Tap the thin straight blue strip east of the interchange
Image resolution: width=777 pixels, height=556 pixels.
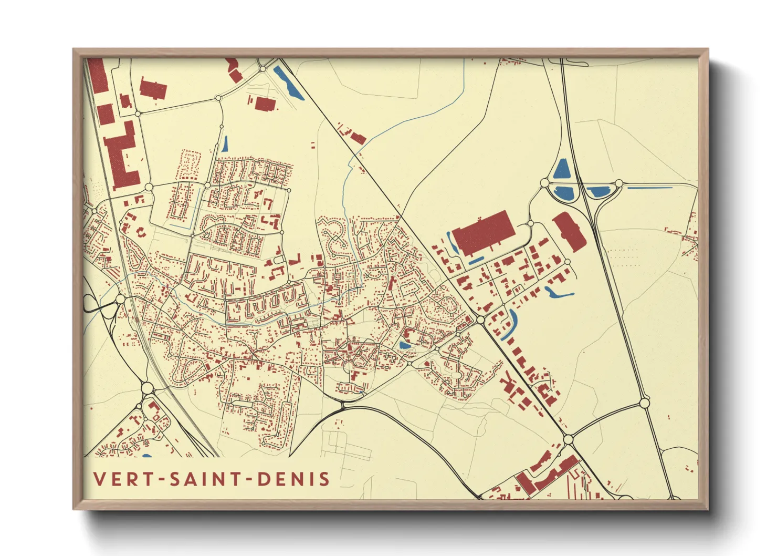click(650, 188)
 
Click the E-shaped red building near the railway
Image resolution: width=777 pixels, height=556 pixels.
click(123, 155)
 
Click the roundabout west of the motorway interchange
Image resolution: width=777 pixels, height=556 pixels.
click(544, 183)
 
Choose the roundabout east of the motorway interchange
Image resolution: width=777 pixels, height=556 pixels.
click(619, 183)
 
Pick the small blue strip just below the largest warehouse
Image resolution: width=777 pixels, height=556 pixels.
click(475, 260)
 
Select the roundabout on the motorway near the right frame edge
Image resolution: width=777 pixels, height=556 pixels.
click(645, 403)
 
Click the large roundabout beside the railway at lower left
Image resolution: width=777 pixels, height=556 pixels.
click(147, 388)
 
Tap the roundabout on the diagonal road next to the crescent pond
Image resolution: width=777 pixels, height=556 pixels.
click(480, 319)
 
